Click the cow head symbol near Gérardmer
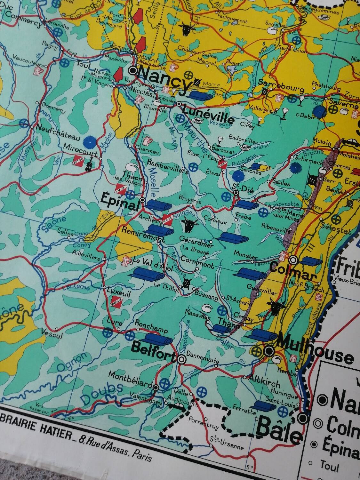pos(188,225)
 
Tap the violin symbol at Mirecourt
pos(88,164)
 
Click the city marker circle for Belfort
pos(181,359)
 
